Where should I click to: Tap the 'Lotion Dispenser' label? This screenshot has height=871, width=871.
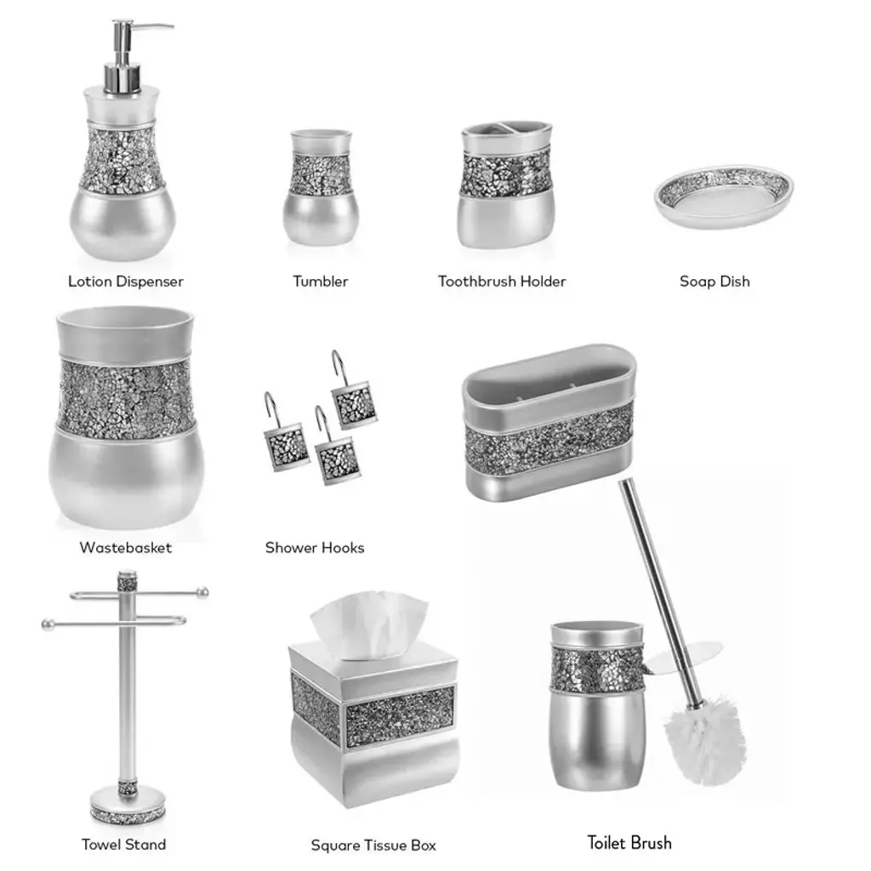point(126,282)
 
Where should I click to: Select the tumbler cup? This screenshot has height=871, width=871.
point(321,187)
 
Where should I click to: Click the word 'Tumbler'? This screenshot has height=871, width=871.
point(321,282)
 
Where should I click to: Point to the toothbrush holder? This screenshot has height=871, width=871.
point(505,184)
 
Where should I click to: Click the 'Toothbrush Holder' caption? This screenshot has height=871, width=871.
point(502,282)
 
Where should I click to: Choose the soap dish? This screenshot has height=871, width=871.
point(724,196)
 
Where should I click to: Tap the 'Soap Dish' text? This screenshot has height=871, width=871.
point(714,282)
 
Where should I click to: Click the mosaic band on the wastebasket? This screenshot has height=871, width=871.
point(126,399)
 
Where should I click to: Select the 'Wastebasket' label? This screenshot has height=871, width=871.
point(126,548)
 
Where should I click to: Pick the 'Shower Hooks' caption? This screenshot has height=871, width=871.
point(315,548)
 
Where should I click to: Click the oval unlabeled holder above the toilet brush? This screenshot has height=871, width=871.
point(549,422)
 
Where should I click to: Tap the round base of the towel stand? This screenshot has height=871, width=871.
point(128,806)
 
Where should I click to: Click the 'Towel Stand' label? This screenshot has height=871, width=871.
point(124,845)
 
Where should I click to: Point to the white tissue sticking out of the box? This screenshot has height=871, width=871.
point(369,624)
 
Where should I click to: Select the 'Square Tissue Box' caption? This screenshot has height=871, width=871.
point(373,846)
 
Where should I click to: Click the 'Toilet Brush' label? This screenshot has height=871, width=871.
point(629,843)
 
